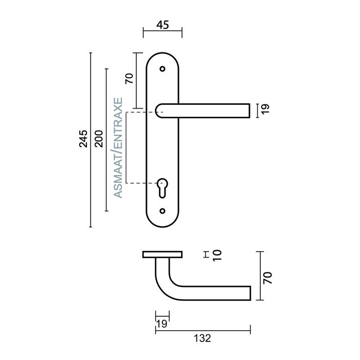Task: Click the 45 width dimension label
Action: click(x=162, y=25)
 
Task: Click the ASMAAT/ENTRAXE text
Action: click(x=118, y=148)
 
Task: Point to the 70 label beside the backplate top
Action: click(x=130, y=78)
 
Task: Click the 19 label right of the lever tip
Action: click(x=265, y=109)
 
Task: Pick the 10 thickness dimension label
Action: click(x=216, y=255)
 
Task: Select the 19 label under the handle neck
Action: click(x=161, y=323)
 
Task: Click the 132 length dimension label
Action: click(x=203, y=338)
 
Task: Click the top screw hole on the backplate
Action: click(x=163, y=68)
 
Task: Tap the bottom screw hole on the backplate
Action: click(x=163, y=211)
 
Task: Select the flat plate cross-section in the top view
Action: click(x=162, y=255)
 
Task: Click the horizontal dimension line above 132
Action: click(x=203, y=328)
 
